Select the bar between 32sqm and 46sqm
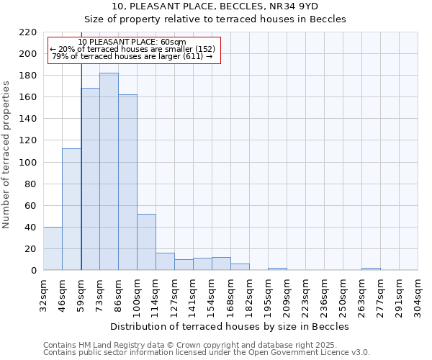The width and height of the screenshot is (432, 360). [53, 248]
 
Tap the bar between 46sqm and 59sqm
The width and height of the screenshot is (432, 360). [71, 209]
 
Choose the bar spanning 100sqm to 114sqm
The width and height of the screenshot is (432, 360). [146, 242]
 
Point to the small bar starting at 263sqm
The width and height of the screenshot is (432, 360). [371, 269]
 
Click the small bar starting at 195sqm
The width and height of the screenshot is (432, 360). [277, 269]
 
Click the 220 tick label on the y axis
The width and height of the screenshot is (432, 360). [28, 32]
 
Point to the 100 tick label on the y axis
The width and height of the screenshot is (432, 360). [28, 162]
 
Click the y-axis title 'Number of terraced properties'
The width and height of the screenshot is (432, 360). [6, 154]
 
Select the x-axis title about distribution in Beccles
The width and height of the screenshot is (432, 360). [230, 326]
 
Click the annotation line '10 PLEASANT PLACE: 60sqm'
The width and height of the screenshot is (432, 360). [132, 42]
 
